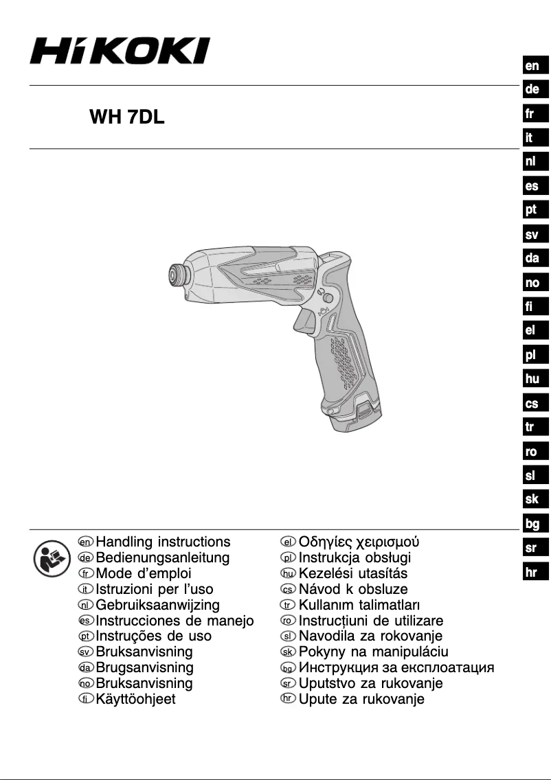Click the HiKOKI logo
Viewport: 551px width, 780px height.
click(x=120, y=51)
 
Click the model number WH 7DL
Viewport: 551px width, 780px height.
click(x=127, y=117)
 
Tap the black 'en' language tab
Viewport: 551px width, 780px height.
click(x=532, y=66)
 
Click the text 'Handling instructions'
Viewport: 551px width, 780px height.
click(x=164, y=542)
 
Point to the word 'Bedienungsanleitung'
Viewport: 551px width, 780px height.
click(x=163, y=558)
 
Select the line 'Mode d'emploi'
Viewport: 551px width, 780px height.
click(x=144, y=573)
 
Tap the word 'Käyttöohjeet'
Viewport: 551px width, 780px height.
click(x=136, y=700)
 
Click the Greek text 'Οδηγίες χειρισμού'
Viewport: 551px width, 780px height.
click(x=359, y=542)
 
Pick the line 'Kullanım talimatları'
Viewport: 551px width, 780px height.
click(x=359, y=605)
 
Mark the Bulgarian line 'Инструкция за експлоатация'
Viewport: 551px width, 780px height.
click(x=396, y=667)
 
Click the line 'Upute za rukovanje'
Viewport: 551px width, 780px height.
click(x=361, y=700)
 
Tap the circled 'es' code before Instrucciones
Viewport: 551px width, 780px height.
click(x=86, y=621)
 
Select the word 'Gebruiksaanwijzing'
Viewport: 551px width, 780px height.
click(x=158, y=605)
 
